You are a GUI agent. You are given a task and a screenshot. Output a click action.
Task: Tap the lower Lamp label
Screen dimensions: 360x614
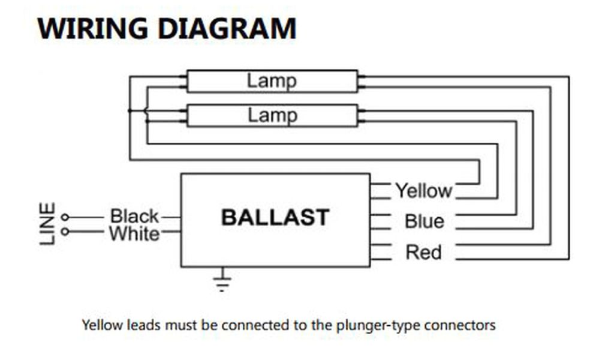click(272, 115)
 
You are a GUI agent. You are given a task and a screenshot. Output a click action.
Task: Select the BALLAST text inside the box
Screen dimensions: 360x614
click(275, 217)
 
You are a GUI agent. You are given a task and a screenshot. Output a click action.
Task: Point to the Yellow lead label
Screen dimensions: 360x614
click(423, 191)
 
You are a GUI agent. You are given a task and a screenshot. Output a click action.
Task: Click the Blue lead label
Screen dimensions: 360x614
click(424, 221)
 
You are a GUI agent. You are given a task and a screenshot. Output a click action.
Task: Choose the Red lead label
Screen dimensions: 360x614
click(423, 252)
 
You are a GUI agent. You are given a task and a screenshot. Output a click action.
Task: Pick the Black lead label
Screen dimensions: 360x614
click(134, 216)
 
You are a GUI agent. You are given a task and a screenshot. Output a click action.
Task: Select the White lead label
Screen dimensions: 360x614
click(134, 233)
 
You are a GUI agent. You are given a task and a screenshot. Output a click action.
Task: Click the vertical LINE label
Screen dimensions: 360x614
click(47, 223)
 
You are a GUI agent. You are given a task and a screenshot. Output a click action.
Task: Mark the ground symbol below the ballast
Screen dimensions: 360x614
click(222, 281)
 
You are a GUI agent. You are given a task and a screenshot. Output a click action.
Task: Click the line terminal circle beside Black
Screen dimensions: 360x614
click(65, 217)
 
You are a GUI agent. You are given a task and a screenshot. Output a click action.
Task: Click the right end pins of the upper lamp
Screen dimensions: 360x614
click(361, 82)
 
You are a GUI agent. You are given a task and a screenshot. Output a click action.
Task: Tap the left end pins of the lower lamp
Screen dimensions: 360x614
click(183, 115)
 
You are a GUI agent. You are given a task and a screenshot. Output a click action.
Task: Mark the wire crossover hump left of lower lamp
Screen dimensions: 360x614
click(145, 110)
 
